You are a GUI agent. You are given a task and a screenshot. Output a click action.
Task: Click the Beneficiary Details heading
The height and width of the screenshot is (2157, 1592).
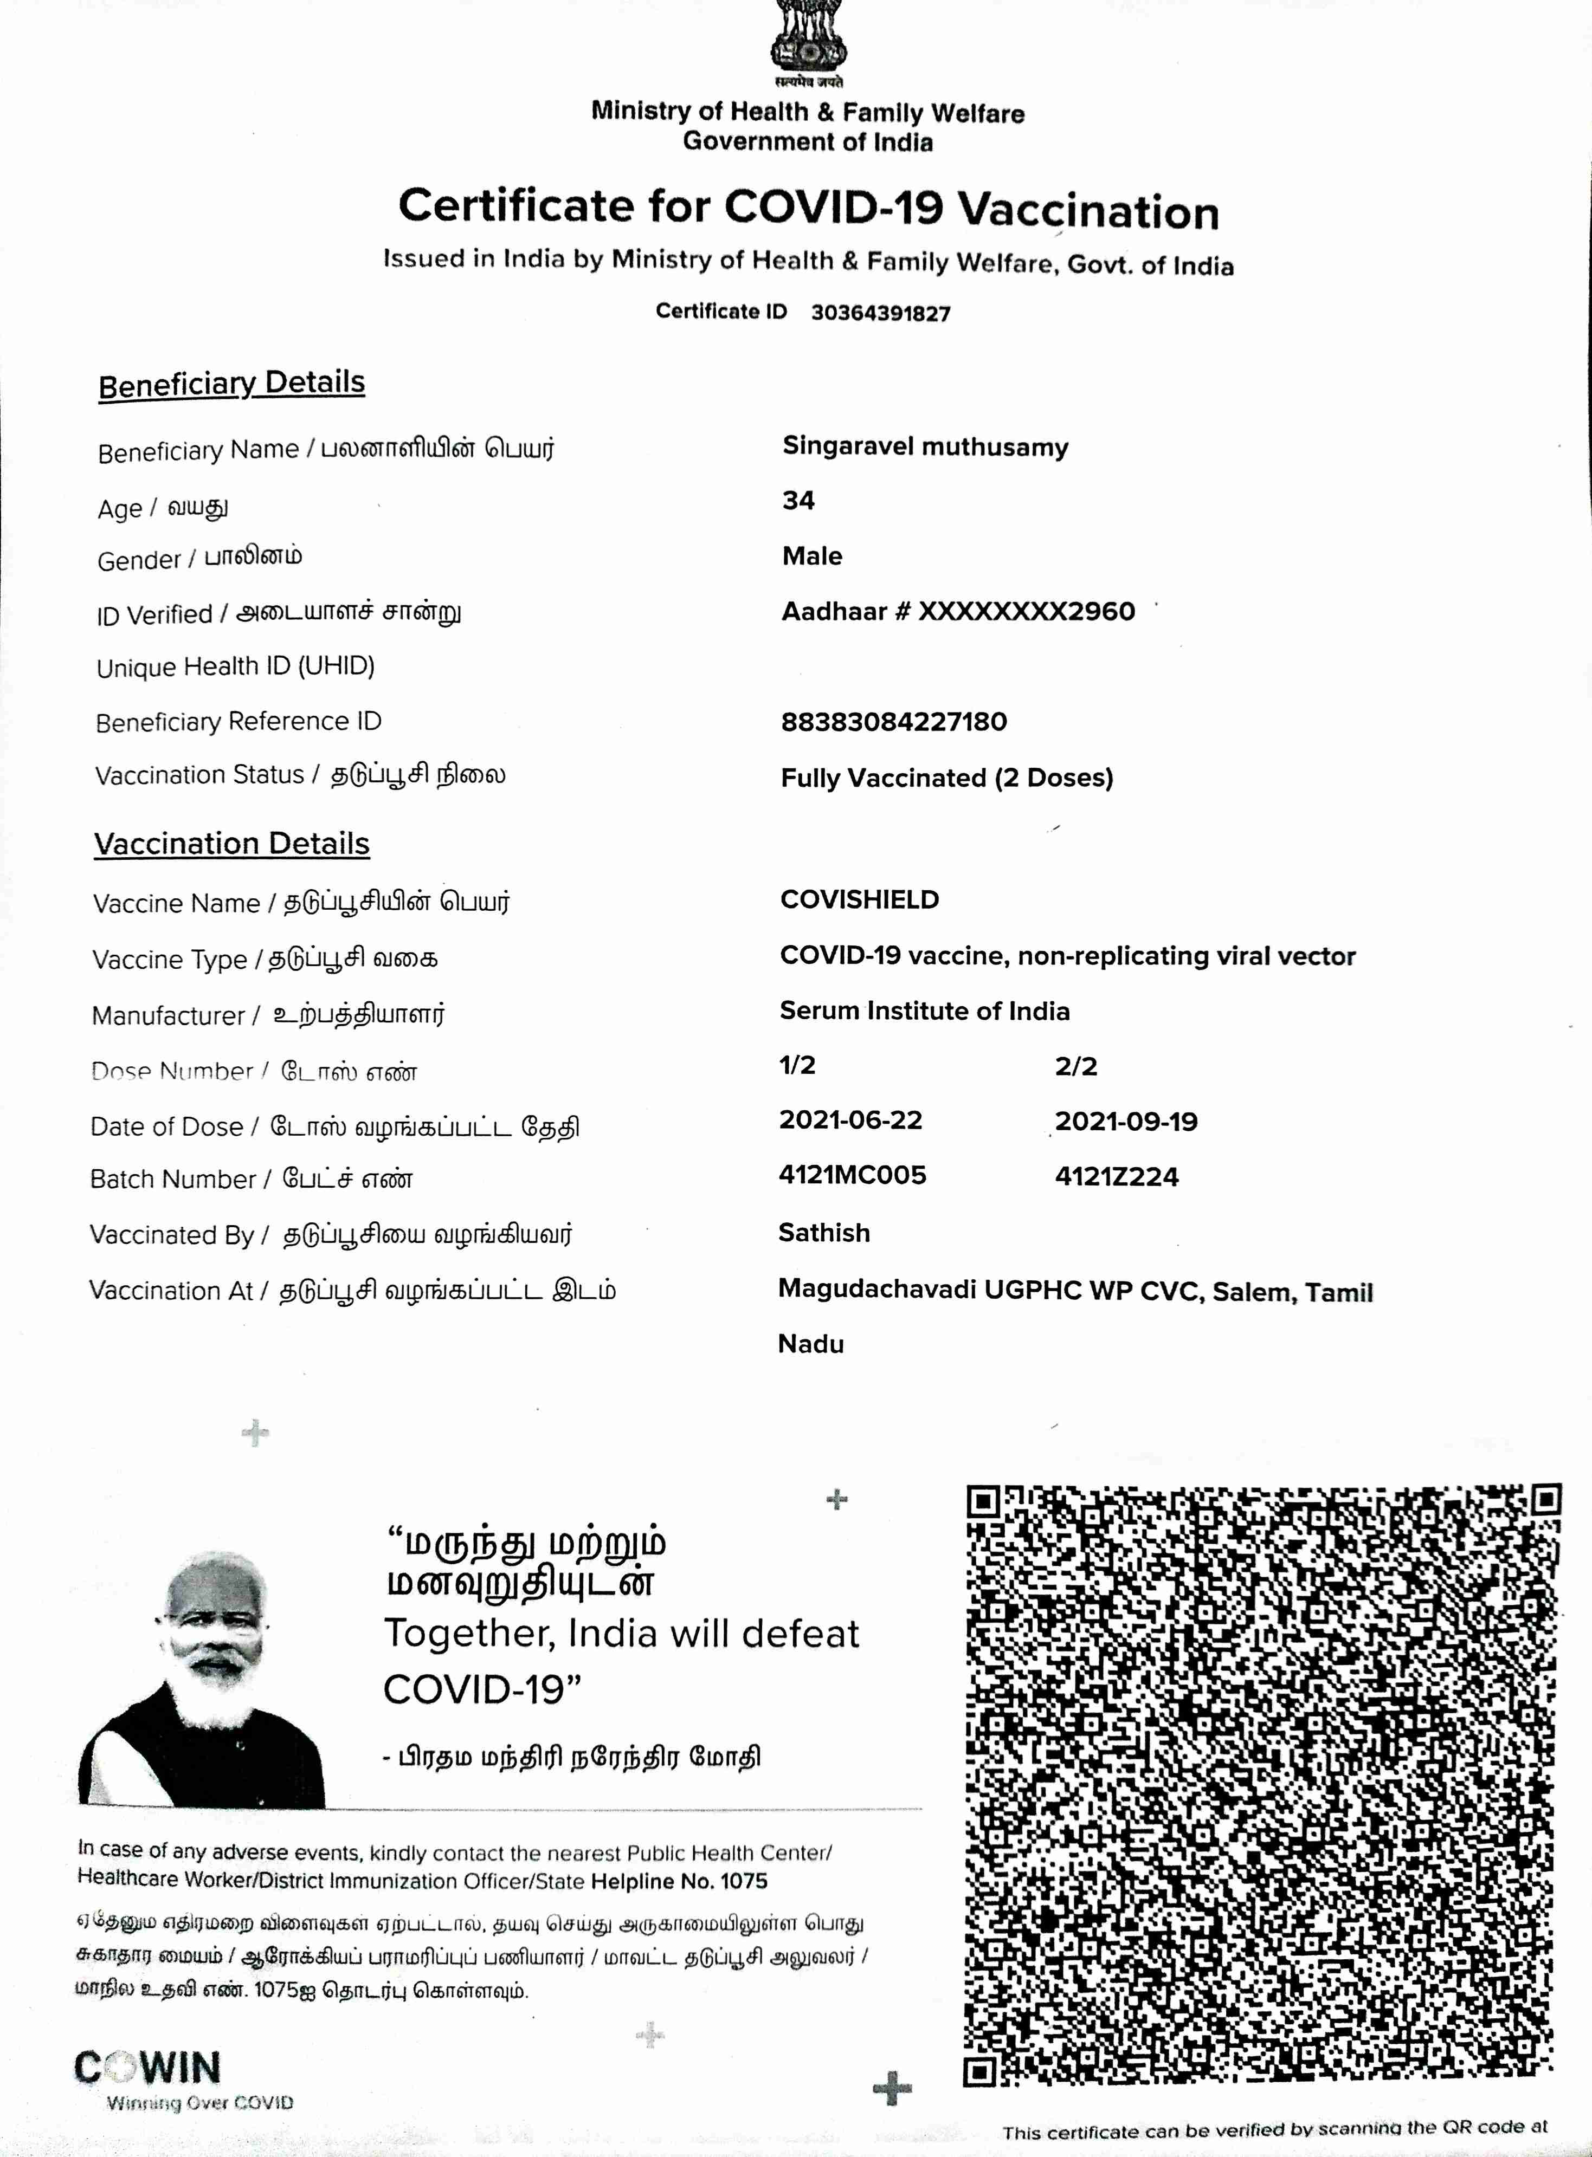pyautogui.click(x=231, y=384)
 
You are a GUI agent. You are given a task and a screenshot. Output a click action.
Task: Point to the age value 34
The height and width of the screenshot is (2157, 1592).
pyautogui.click(x=798, y=500)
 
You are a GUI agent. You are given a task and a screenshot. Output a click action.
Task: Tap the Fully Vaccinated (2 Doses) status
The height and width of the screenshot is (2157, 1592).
pyautogui.click(x=946, y=778)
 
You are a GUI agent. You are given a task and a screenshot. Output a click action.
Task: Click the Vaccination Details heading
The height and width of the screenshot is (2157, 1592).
pyautogui.click(x=231, y=844)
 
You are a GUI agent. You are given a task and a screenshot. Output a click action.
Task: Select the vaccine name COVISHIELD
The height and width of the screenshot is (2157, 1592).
pyautogui.click(x=859, y=900)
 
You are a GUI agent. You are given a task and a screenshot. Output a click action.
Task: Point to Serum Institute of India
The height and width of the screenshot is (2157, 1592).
pyautogui.click(x=924, y=1011)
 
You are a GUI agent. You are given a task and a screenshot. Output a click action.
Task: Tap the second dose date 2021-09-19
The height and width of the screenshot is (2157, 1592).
pyautogui.click(x=1126, y=1122)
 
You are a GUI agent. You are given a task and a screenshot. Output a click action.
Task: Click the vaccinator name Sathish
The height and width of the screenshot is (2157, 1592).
pyautogui.click(x=824, y=1233)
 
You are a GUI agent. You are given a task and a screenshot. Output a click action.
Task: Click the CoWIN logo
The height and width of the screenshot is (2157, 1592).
pyautogui.click(x=147, y=2068)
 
